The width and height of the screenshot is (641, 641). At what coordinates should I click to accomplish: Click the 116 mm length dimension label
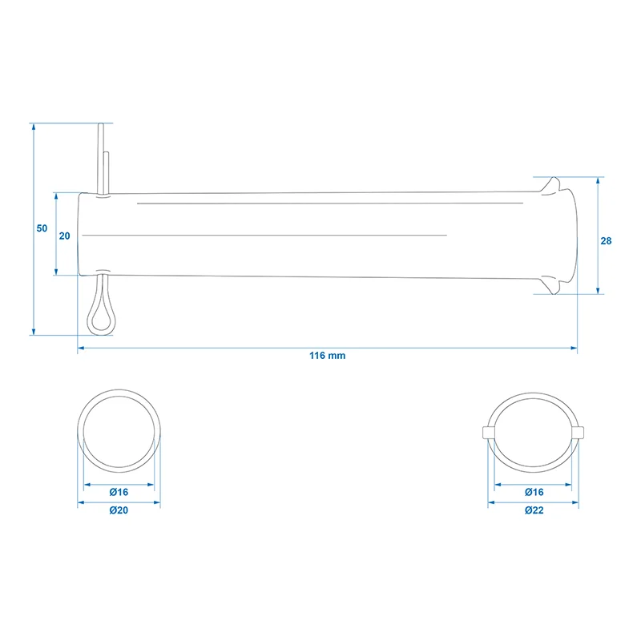coord(327,356)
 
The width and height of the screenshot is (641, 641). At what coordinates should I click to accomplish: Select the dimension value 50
coord(42,228)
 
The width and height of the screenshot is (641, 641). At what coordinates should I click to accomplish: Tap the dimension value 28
coord(606,241)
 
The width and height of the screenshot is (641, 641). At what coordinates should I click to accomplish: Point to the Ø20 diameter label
coord(119,510)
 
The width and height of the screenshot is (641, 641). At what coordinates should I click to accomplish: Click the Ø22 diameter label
coord(534,510)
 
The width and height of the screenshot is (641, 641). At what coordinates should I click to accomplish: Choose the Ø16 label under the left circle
coord(119,492)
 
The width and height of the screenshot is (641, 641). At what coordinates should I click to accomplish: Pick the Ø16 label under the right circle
coord(534,492)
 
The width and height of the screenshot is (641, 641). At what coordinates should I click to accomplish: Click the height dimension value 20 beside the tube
coord(65,236)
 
